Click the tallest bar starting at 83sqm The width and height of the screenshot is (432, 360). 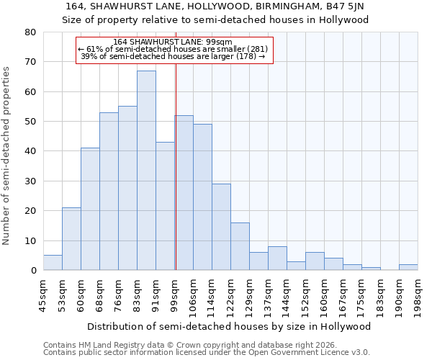coord(146,171)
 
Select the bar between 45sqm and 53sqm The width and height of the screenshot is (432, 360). coord(53,263)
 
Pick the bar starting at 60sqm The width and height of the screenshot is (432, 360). coord(90,209)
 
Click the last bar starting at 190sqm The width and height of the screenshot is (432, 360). coord(408,267)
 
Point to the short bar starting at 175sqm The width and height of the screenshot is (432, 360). coord(371,269)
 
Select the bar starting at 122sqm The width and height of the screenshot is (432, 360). coord(240,246)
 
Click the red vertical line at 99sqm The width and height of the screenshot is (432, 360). coord(176,180)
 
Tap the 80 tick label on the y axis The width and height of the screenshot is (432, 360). coord(30,32)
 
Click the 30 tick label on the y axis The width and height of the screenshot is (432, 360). coord(30,181)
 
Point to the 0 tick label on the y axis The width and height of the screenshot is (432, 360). coord(33,271)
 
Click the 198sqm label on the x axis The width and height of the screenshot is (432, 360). coord(418,294)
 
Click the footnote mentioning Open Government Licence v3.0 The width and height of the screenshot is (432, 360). coord(207,353)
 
